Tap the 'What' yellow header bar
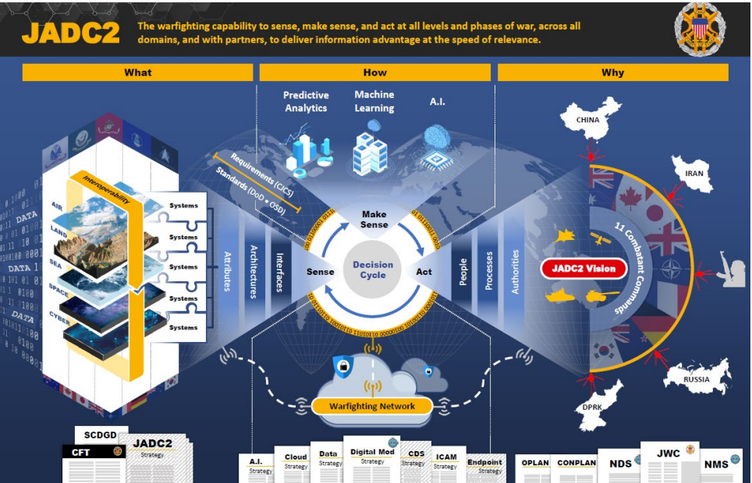(137, 72)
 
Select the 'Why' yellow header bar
(612, 72)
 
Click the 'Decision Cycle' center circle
(373, 270)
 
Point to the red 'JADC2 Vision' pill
(584, 269)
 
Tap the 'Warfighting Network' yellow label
(373, 406)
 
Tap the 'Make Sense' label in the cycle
(374, 220)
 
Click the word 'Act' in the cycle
(424, 272)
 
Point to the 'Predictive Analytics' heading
(306, 101)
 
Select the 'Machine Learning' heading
(374, 100)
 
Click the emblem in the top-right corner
(699, 30)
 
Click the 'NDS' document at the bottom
(621, 464)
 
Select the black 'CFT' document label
(81, 451)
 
